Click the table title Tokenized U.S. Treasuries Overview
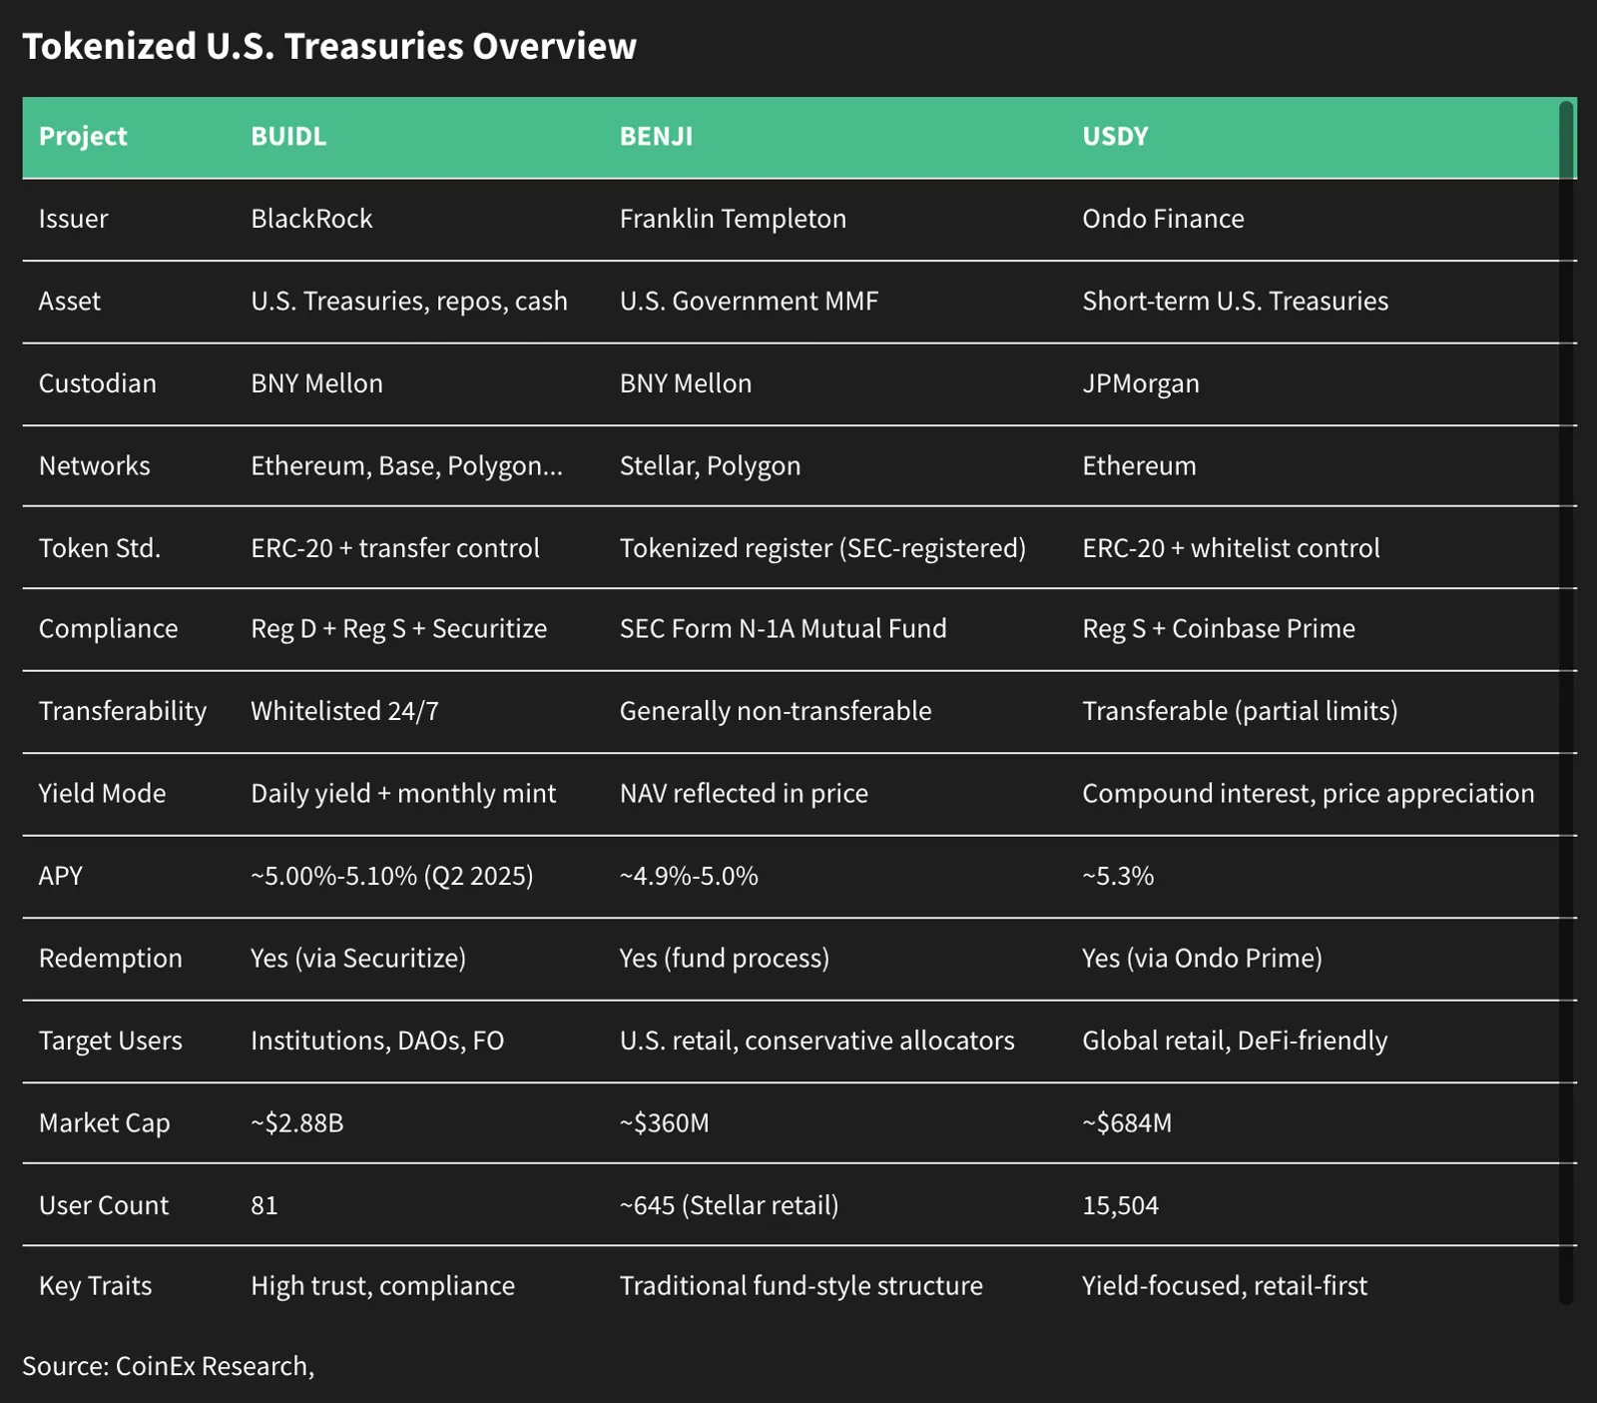[x=329, y=47]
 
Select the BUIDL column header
[x=288, y=136]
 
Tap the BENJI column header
[x=656, y=136]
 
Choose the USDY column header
[x=1115, y=136]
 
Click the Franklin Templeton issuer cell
[x=733, y=219]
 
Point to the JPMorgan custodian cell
[x=1141, y=383]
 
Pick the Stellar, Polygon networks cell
[x=710, y=466]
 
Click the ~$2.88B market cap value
[x=297, y=1123]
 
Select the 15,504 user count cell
[x=1120, y=1205]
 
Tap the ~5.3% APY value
[x=1118, y=876]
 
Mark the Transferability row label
[x=123, y=711]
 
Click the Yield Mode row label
[x=102, y=794]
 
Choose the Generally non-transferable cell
[x=776, y=711]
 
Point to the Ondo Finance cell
[x=1163, y=219]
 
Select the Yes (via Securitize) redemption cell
[x=358, y=959]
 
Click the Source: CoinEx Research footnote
[x=168, y=1366]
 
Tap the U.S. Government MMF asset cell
[x=749, y=302]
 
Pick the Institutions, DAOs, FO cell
[x=377, y=1041]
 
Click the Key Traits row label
[x=95, y=1286]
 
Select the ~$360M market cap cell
[x=664, y=1123]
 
